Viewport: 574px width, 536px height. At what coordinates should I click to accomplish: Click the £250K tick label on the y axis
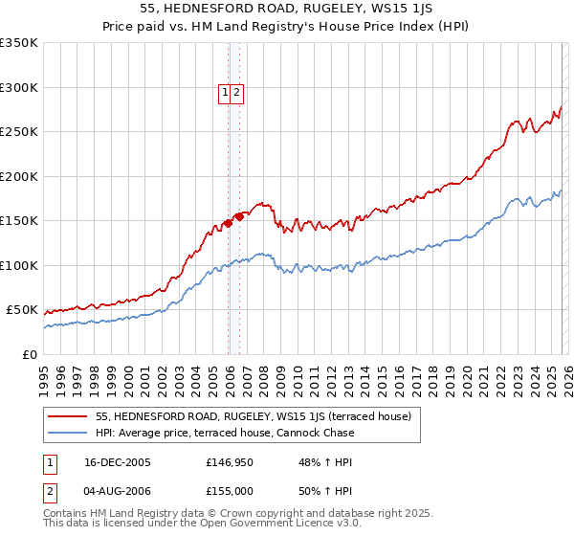pos(19,132)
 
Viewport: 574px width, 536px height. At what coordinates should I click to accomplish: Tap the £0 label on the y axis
pos(29,355)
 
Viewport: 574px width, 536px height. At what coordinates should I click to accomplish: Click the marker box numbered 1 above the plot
pos(225,93)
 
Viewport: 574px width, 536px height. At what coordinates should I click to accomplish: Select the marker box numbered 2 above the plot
pos(236,93)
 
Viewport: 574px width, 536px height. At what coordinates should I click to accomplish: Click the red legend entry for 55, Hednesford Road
pos(253,416)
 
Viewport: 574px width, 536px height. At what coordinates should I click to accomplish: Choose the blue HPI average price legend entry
pos(225,433)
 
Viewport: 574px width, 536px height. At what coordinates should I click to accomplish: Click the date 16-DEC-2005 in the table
pos(118,462)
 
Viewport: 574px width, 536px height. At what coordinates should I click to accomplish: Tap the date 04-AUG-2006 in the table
pos(118,491)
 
